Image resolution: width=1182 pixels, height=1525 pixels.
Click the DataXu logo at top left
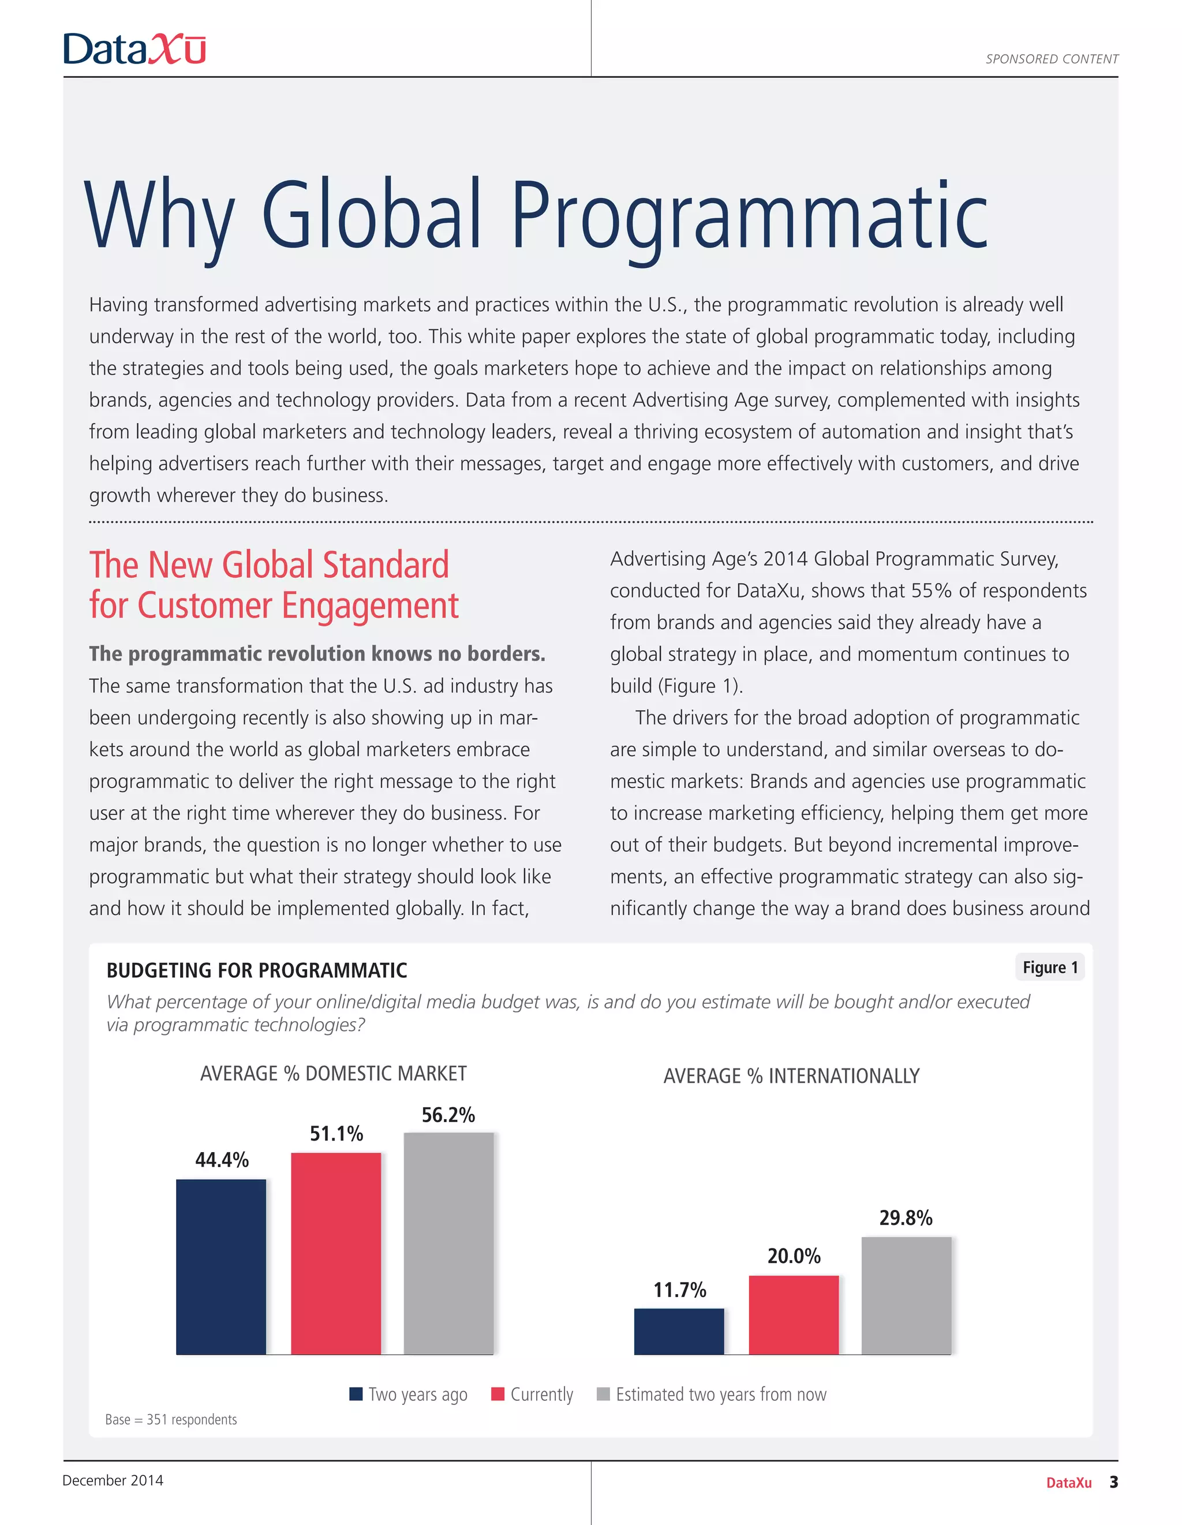tap(134, 49)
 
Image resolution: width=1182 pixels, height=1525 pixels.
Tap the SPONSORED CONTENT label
tap(1052, 59)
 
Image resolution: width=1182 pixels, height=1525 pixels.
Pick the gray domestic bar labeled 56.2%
tap(448, 1243)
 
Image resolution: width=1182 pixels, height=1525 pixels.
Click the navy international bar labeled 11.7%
tap(679, 1331)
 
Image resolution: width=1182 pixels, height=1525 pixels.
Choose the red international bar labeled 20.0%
tap(793, 1315)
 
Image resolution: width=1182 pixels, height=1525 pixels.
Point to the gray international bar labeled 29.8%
tap(906, 1295)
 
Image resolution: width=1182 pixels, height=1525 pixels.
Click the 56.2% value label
tap(448, 1115)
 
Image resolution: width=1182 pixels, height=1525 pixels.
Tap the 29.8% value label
tap(906, 1218)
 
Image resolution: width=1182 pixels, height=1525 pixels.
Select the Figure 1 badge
tap(1049, 967)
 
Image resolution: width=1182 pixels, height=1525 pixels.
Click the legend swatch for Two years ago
tap(356, 1394)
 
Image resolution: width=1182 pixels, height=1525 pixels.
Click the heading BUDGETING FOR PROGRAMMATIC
tap(256, 970)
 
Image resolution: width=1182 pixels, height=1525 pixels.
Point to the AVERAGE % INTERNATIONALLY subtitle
tap(791, 1076)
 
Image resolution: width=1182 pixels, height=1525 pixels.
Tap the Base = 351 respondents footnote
tap(171, 1419)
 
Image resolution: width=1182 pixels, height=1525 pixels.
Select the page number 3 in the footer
tap(1113, 1482)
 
